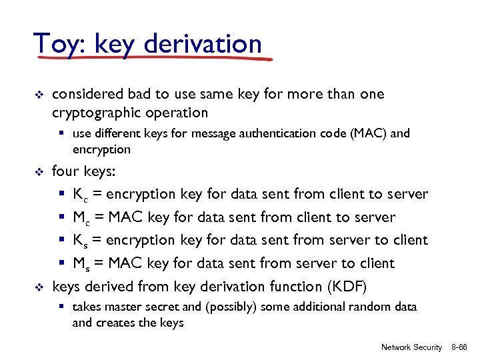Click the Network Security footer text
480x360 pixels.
point(411,347)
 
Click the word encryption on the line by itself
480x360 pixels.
point(101,149)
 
